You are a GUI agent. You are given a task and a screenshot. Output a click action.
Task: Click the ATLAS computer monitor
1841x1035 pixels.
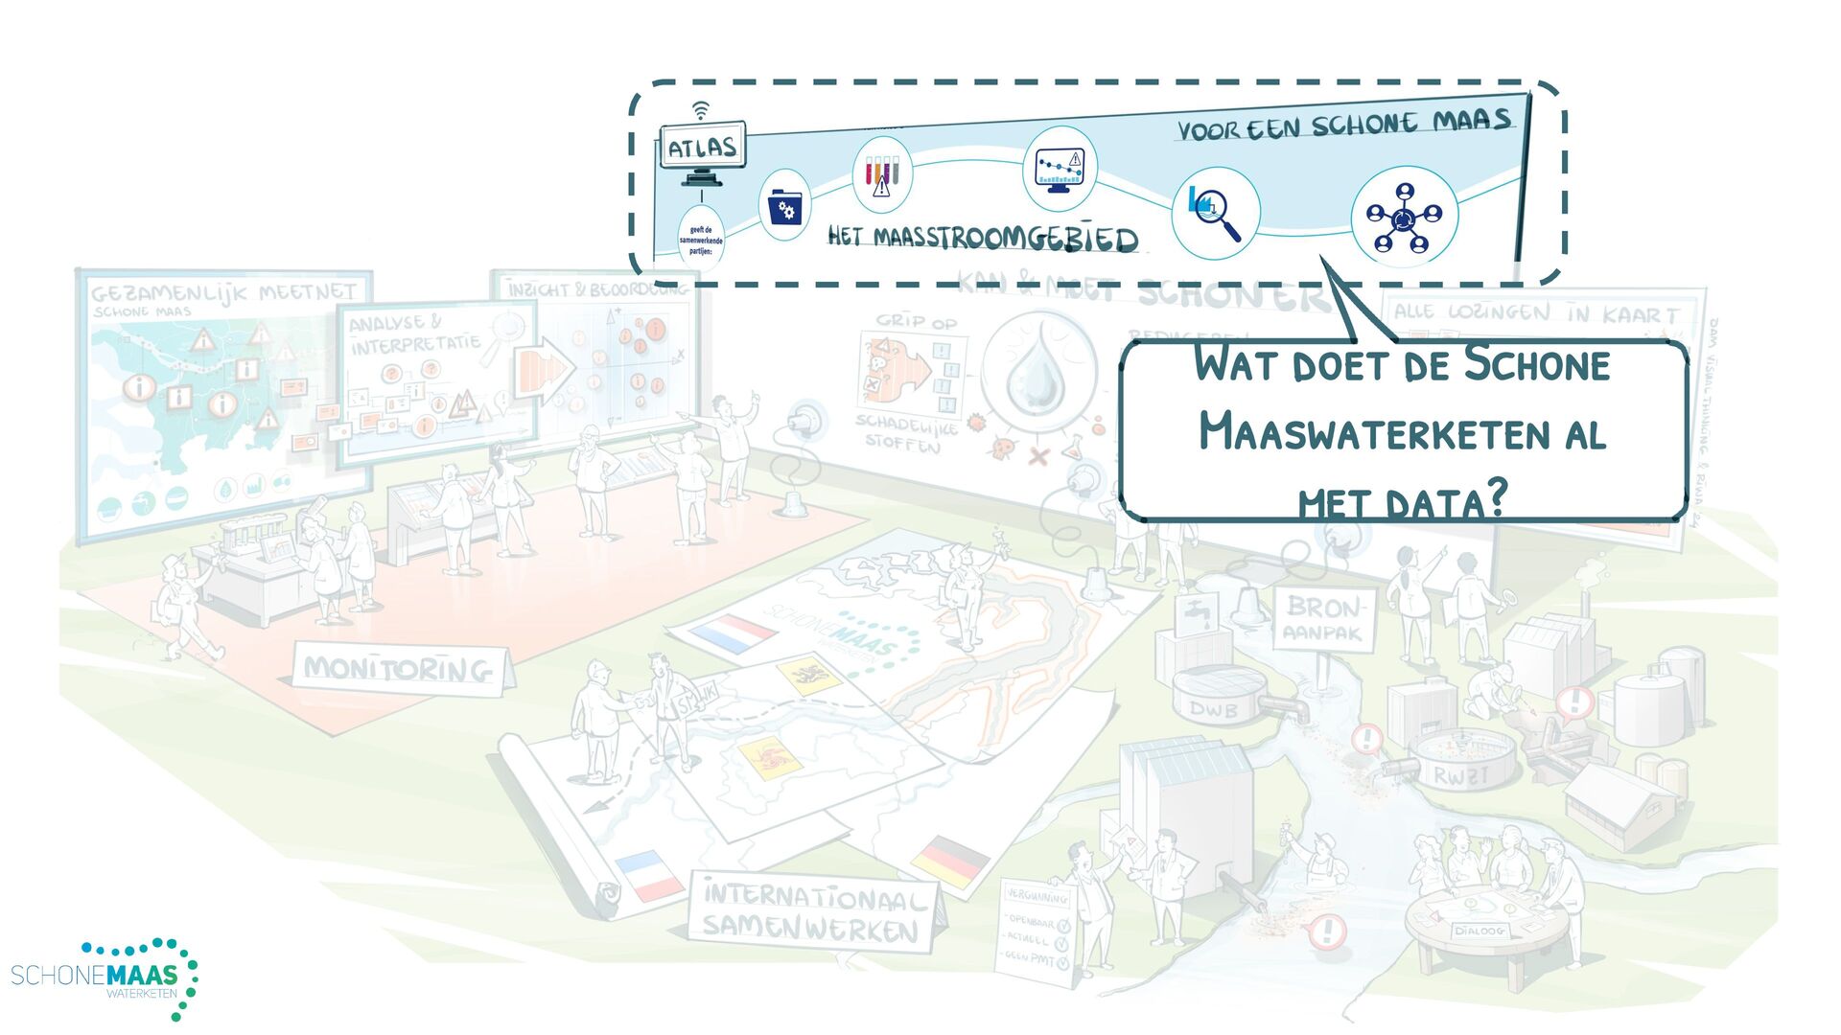[x=702, y=148]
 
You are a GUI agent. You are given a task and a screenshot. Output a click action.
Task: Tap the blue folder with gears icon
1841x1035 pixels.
[x=784, y=206]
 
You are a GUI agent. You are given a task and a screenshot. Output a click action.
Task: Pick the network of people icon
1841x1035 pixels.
[x=1404, y=218]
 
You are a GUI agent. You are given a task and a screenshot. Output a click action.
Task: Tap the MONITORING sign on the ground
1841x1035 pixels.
[x=399, y=668]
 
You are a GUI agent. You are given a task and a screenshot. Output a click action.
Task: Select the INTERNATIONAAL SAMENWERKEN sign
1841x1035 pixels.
[x=811, y=912]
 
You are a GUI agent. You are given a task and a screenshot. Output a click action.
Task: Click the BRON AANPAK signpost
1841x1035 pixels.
[x=1323, y=618]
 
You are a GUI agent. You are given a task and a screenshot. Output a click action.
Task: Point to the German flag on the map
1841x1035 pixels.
[x=950, y=860]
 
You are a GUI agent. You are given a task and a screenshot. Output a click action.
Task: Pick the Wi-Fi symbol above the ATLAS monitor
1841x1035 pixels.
[x=702, y=110]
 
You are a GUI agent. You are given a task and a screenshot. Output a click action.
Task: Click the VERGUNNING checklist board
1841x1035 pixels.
[x=1037, y=927]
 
